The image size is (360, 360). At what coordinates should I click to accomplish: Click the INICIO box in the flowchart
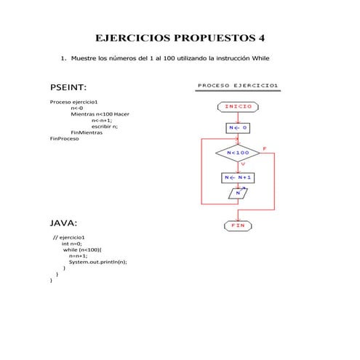[238, 106]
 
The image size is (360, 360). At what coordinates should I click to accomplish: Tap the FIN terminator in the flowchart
[238, 225]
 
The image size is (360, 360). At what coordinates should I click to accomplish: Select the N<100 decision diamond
[238, 153]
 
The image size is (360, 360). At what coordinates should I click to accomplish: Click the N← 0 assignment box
[238, 128]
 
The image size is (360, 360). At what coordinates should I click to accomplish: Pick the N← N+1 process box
[238, 177]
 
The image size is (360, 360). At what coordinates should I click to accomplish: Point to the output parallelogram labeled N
[238, 193]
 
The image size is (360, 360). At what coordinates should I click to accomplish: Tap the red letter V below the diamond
[242, 164]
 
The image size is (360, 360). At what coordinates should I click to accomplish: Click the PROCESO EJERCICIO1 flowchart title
[238, 86]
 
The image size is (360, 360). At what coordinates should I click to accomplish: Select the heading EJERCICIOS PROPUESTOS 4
[180, 37]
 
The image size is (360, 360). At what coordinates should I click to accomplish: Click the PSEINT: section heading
[68, 87]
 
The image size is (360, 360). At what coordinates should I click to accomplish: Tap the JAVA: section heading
[63, 222]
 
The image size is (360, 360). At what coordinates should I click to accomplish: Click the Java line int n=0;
[72, 244]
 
